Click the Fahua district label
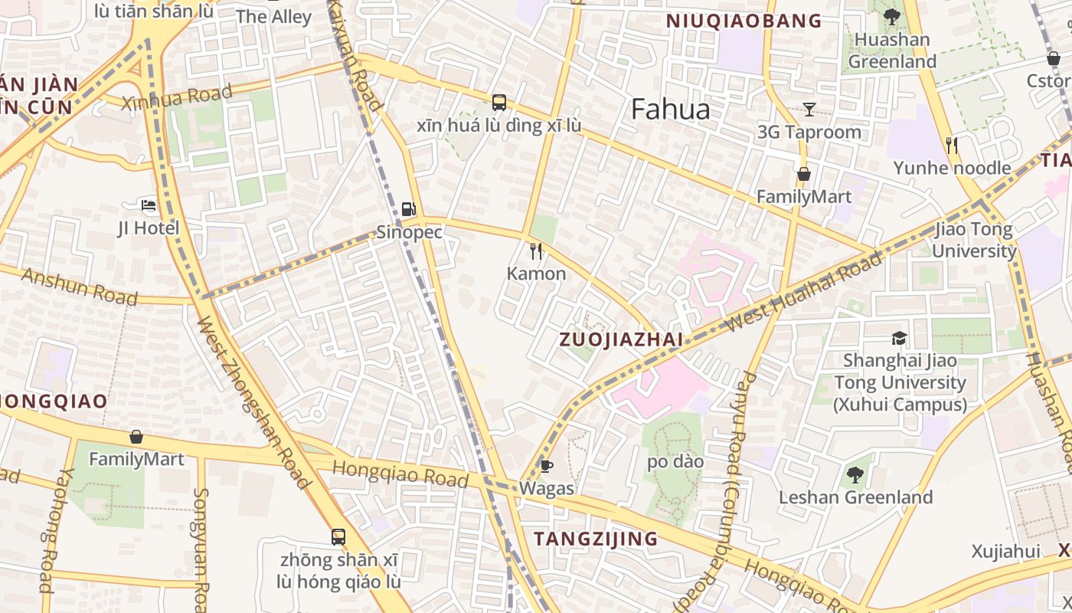click(x=670, y=110)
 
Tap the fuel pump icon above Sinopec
click(x=409, y=208)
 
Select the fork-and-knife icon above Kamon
click(x=536, y=251)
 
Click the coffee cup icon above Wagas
click(x=546, y=465)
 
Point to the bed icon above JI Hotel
click(x=149, y=205)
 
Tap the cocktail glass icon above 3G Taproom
click(x=809, y=109)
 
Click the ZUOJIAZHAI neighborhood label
click(x=620, y=339)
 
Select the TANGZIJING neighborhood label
click(x=596, y=539)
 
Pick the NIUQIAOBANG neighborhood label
click(x=744, y=21)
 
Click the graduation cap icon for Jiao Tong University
click(x=899, y=338)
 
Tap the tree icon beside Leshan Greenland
click(x=855, y=475)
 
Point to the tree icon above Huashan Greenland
click(x=891, y=16)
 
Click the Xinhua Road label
click(x=177, y=97)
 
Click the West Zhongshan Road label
click(x=253, y=402)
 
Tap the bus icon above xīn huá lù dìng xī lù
click(x=498, y=102)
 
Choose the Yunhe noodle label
click(x=952, y=168)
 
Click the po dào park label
click(x=675, y=461)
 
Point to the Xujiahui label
click(x=1005, y=551)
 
